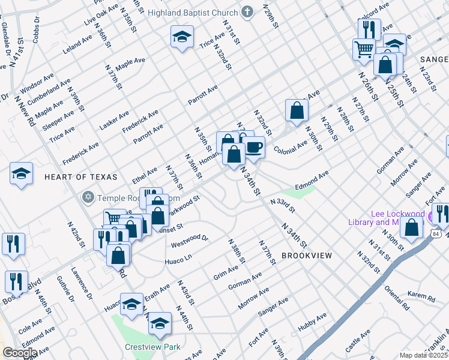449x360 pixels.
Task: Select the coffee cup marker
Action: point(253,147)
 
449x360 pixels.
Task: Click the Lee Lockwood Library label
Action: point(385,218)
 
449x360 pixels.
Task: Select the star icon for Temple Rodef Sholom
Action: point(88,197)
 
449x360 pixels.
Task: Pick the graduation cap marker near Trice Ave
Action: point(182,37)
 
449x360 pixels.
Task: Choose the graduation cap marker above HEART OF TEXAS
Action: point(21,173)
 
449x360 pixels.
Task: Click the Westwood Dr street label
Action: point(189,241)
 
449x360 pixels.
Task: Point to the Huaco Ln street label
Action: point(178,259)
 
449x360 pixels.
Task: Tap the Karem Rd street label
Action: point(421,297)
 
